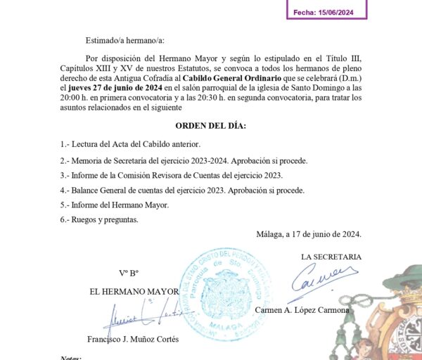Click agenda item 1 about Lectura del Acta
point(130,144)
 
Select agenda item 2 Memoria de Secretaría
point(184,160)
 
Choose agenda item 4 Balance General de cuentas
point(182,191)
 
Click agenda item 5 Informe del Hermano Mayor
point(115,205)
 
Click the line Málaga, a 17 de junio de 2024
point(310,235)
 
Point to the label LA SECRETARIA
point(331,257)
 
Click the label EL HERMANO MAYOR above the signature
point(134,291)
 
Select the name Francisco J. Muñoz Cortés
point(133,340)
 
